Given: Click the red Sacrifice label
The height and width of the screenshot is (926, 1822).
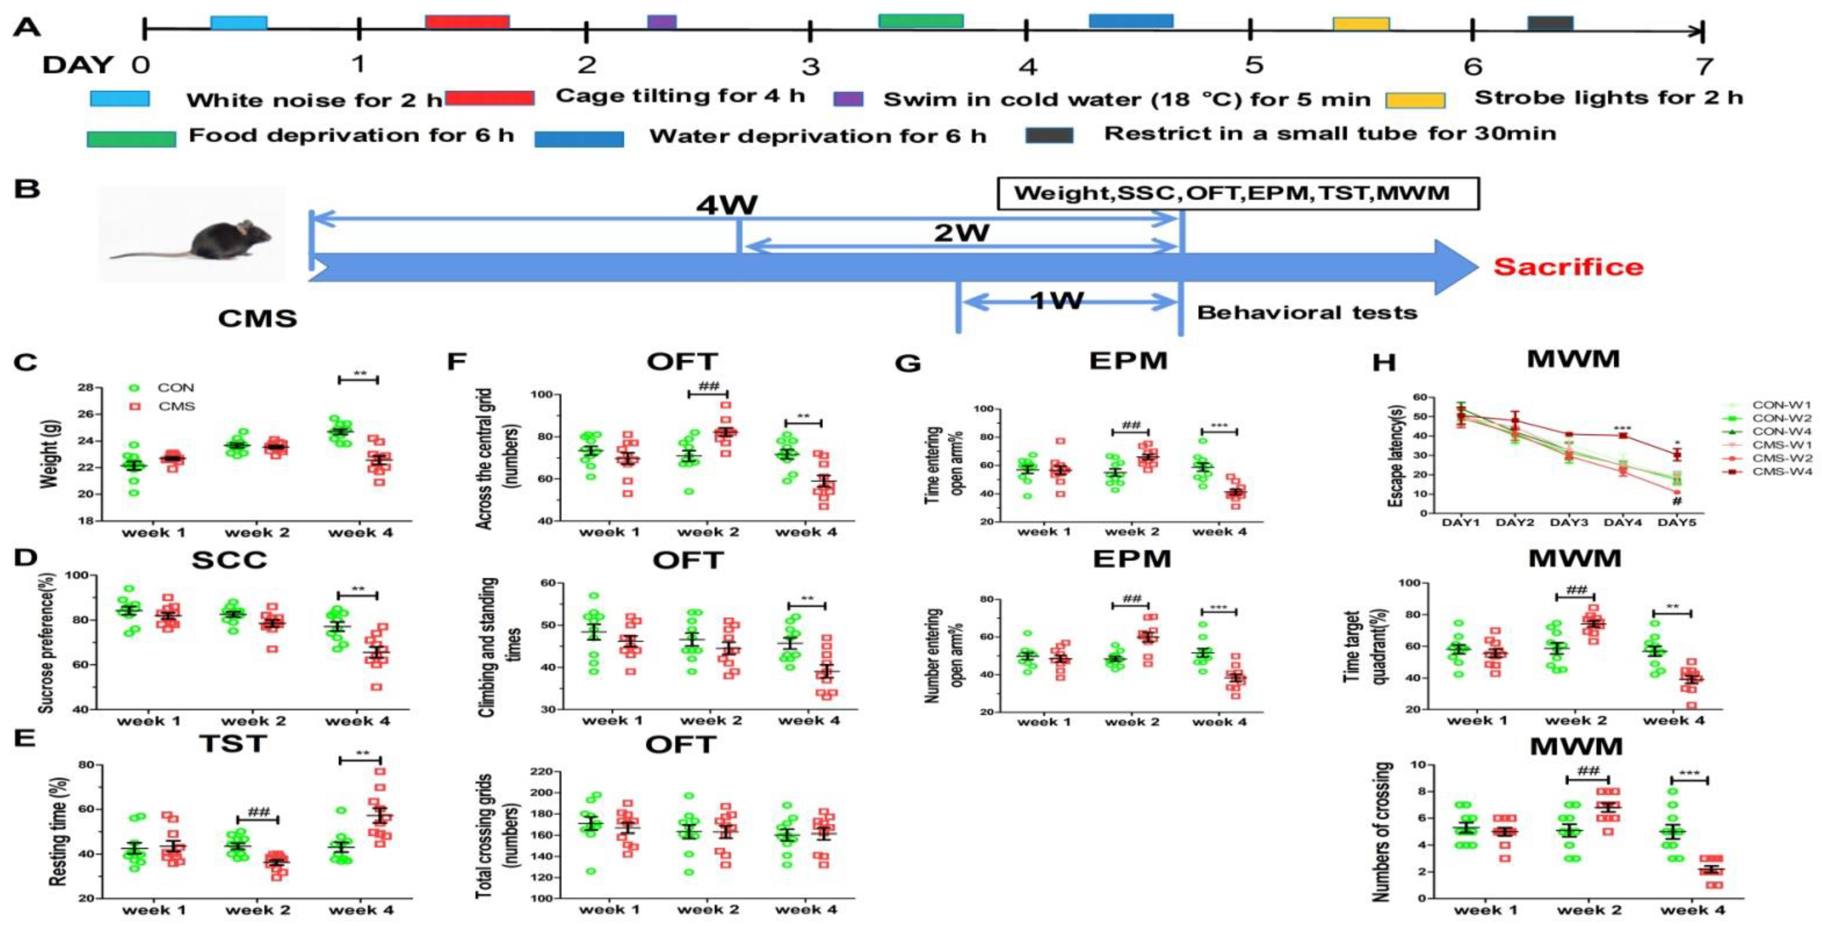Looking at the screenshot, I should coord(1568,267).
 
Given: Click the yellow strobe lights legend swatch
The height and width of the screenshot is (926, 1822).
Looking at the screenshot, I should coord(1415,100).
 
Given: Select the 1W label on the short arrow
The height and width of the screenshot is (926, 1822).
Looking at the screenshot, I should coord(1057,300).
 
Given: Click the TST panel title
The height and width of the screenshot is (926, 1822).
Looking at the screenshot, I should coord(232,743).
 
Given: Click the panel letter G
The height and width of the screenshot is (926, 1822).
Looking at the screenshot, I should coord(908,363).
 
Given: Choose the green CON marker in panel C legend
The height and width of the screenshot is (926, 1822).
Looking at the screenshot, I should coord(134,388).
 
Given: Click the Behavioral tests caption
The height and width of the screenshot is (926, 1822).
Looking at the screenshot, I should coord(1307,313).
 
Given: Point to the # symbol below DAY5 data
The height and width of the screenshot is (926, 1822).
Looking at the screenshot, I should coord(1676,502).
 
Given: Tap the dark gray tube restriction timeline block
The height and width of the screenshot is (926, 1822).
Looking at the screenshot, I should coord(1551,23).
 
